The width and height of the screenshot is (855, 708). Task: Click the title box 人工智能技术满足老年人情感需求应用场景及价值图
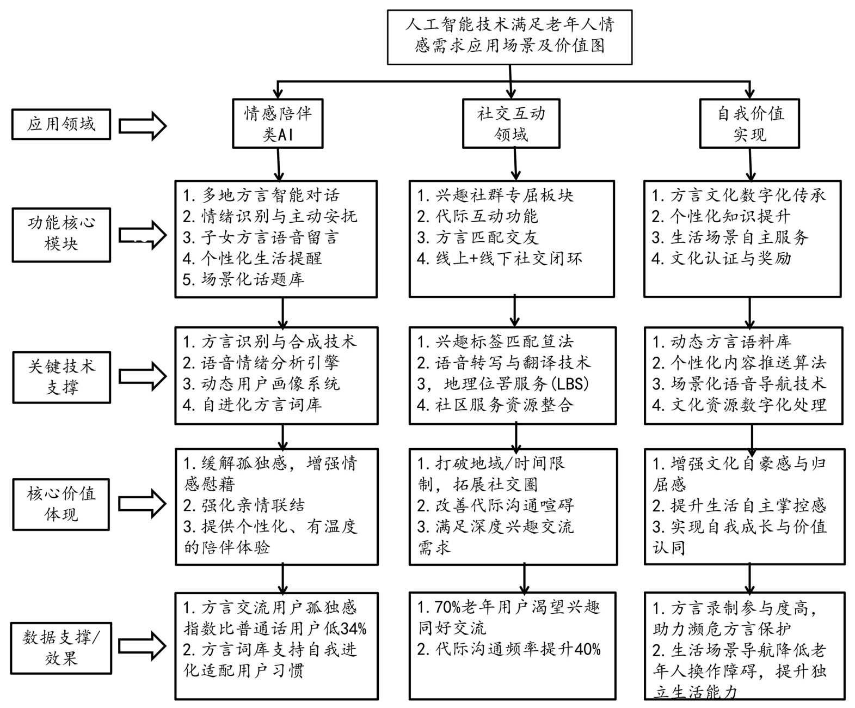(509, 36)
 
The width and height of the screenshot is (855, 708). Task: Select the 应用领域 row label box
(61, 125)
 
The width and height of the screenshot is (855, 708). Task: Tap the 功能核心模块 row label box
(61, 234)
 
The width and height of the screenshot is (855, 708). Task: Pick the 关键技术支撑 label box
(61, 377)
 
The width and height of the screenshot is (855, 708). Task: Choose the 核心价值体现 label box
(61, 504)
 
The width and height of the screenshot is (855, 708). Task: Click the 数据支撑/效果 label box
(61, 648)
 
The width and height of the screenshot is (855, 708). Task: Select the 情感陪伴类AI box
(278, 124)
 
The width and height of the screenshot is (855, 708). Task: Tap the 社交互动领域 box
(511, 124)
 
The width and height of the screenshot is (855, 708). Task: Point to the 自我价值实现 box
(749, 124)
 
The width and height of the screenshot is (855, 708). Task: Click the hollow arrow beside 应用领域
(143, 125)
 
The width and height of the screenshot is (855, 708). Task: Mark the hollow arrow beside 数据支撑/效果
(143, 646)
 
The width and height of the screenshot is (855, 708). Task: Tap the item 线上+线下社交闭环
(500, 258)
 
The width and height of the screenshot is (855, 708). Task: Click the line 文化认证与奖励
(722, 258)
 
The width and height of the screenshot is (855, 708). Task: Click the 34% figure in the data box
(353, 629)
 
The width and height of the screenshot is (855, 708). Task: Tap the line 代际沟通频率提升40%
(509, 650)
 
